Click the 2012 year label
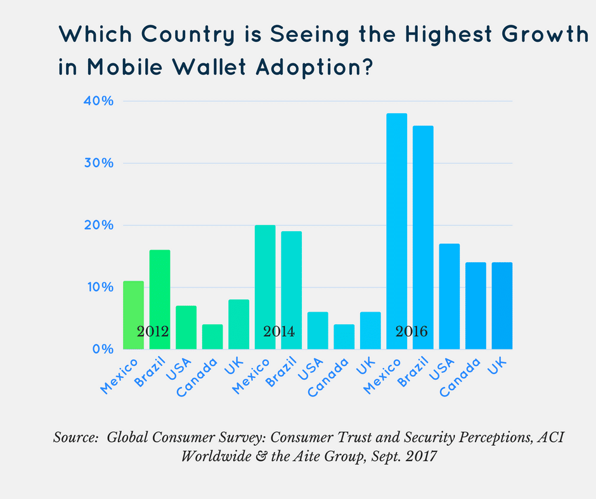152,331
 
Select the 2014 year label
279,331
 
